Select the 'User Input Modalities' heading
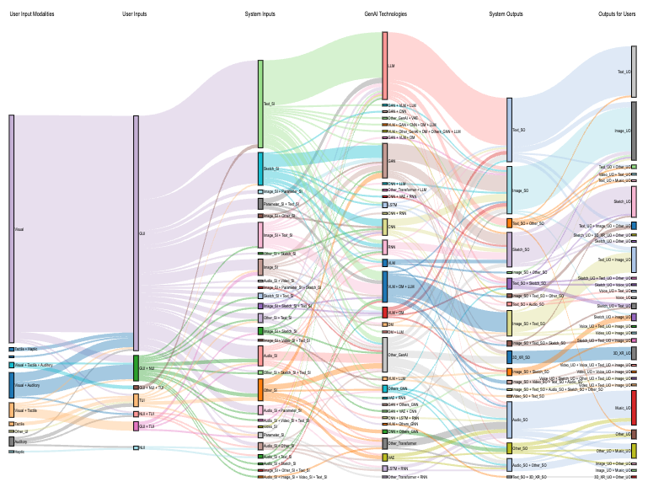coord(32,14)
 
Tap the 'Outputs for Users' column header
coord(617,14)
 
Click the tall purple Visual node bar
coord(11,228)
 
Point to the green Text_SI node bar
coord(260,104)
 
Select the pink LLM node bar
coord(385,66)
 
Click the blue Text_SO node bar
coord(509,130)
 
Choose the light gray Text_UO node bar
coord(634,72)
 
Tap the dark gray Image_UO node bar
coord(634,131)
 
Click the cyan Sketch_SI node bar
coord(260,169)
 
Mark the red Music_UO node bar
coord(634,408)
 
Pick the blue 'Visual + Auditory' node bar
coord(11,385)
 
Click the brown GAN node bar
coord(385,160)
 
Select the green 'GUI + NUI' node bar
coord(136,368)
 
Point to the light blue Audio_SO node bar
coord(509,418)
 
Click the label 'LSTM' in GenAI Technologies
coord(393,205)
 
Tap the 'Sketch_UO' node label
coord(622,202)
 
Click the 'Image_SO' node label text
coord(520,190)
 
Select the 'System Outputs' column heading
coord(506,14)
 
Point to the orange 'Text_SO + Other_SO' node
coord(509,223)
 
